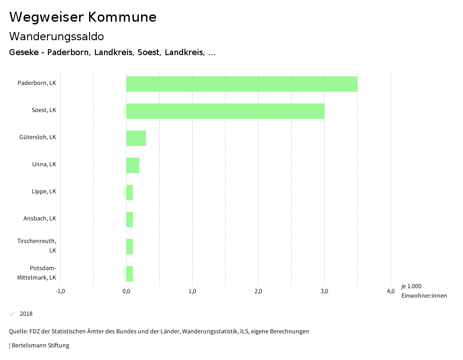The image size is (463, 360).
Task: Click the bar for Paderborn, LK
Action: [242, 84]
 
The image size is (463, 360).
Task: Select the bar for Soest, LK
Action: [225, 111]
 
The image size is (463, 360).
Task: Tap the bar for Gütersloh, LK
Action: [136, 138]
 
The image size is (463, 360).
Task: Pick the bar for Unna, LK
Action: [132, 165]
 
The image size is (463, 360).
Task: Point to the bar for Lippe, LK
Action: [130, 192]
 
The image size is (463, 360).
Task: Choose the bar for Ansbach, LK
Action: [130, 220]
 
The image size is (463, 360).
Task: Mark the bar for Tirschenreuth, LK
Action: [130, 247]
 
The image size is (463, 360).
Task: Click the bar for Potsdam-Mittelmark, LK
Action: [130, 274]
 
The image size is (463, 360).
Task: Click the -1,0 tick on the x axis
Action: [60, 291]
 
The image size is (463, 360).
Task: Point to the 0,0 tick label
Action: [126, 291]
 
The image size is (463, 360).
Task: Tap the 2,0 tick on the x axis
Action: [258, 291]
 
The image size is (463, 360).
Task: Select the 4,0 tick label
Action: [391, 291]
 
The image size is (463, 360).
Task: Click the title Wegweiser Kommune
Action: [83, 17]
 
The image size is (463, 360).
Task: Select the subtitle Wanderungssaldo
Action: [57, 37]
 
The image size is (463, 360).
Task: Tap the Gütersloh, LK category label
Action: [38, 137]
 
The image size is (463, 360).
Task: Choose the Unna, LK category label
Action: [44, 164]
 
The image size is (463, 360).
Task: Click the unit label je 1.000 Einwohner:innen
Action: [424, 291]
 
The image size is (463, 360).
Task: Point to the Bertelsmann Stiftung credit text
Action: [40, 346]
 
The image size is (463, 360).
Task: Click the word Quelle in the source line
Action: [18, 332]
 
